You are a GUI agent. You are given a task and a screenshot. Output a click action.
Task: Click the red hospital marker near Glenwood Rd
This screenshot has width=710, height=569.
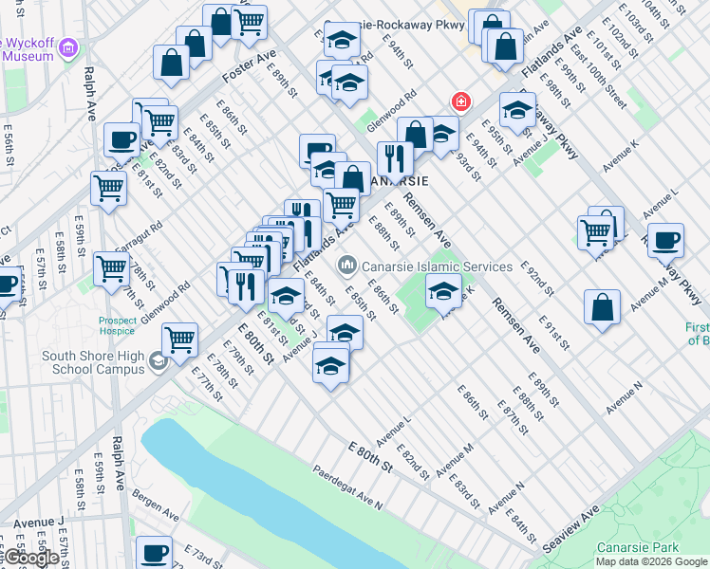[x=462, y=101]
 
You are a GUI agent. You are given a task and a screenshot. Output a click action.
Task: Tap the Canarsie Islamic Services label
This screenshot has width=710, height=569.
[x=437, y=266]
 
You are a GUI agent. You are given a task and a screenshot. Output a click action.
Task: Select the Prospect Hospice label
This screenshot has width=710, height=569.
[x=118, y=326]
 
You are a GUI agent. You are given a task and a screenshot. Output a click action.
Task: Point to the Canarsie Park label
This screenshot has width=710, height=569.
[x=638, y=548]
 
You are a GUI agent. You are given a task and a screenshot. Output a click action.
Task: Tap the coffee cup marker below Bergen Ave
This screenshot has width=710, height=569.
[x=154, y=551]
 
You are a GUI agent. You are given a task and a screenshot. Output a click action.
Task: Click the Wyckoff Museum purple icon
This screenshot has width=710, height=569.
[x=67, y=46]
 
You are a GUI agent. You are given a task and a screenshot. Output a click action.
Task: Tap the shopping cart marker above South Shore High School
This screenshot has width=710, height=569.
[x=179, y=338]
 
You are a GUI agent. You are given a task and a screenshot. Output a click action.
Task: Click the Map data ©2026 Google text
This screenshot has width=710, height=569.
[x=650, y=561]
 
